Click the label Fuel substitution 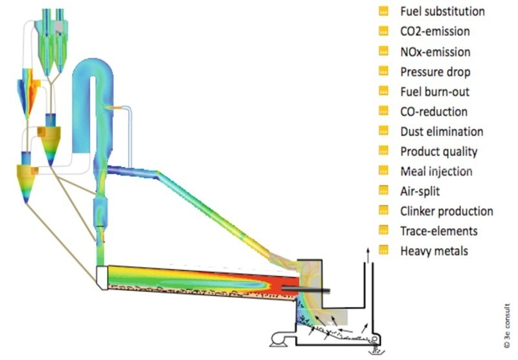pos(442,11)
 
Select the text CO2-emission pos(435,31)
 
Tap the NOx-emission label pos(435,51)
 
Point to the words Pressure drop pos(435,71)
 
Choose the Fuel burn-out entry pos(434,91)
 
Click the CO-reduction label pos(434,111)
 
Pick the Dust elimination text pos(442,131)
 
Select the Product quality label pos(439,152)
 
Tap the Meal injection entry pos(436,172)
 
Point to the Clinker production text pos(447,211)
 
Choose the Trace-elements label pos(439,231)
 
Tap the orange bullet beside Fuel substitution pos(383,11)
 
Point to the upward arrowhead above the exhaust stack pos(368,249)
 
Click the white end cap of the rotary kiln pos(100,278)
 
